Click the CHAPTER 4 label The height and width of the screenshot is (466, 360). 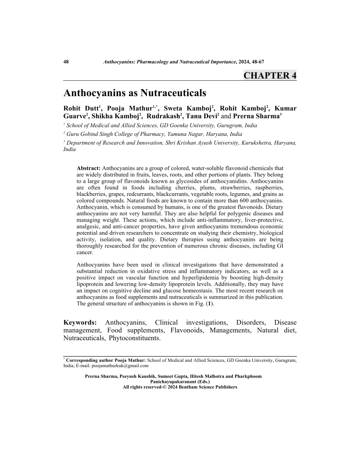click(x=270, y=75)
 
